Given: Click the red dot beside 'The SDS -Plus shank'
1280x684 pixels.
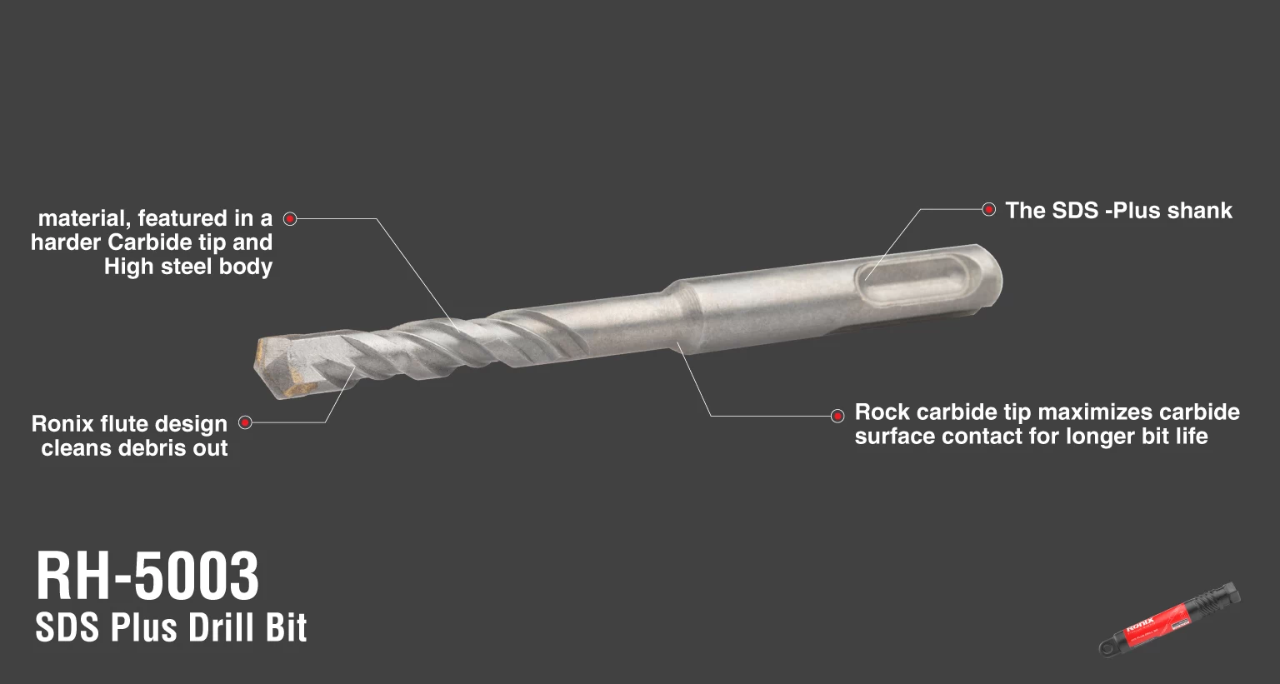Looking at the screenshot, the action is tap(988, 209).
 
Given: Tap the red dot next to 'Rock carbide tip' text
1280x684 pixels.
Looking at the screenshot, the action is tap(837, 416).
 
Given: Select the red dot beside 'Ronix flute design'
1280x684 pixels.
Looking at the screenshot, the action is tap(245, 422).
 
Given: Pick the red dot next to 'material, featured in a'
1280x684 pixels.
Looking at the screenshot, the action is tap(290, 218).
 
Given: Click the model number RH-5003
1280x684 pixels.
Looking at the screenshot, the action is tap(147, 576).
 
